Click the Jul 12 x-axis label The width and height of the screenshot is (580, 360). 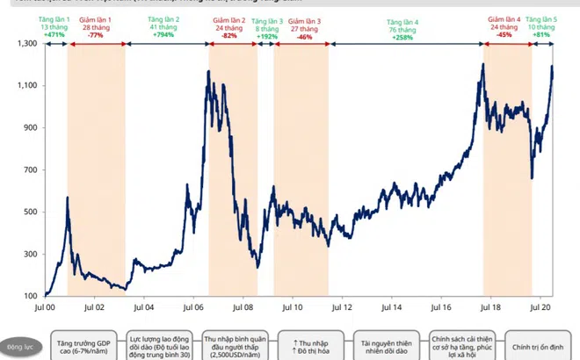pos(342,308)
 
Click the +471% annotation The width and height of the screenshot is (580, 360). pos(54,36)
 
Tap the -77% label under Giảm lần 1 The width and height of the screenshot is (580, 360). pos(96,36)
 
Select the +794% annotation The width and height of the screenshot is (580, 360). pos(165,36)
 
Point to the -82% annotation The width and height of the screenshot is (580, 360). pos(230,36)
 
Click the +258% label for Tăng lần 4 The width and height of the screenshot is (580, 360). pos(404,36)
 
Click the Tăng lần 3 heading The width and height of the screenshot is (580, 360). pos(270,19)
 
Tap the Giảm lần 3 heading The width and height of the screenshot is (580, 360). pos(305,19)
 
